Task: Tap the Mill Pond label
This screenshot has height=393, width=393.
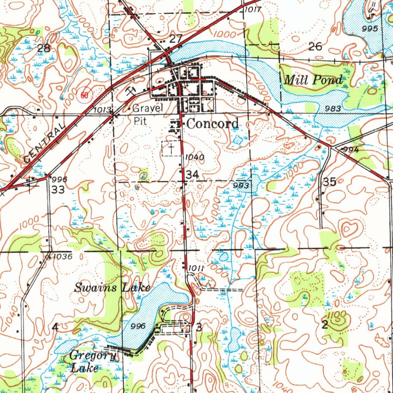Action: [x=313, y=80]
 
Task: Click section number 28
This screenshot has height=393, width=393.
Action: [x=44, y=48]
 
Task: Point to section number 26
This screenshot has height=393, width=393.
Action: [x=315, y=46]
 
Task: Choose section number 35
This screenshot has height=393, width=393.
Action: [x=330, y=182]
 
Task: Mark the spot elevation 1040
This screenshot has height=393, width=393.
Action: [x=195, y=157]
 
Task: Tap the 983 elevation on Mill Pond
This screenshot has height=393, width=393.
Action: [x=332, y=109]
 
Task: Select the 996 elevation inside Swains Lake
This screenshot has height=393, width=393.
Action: [x=138, y=326]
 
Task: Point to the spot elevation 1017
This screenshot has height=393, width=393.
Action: [x=253, y=10]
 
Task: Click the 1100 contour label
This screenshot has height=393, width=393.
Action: [x=338, y=315]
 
